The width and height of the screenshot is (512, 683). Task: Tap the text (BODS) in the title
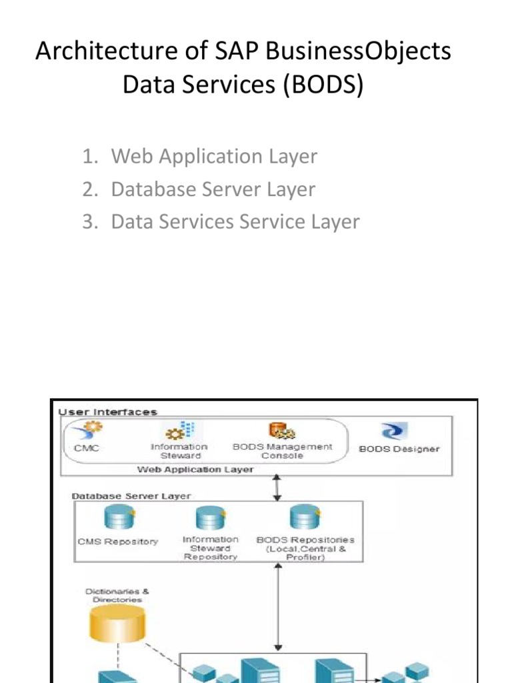[x=325, y=86]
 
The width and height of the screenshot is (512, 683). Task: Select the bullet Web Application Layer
[x=214, y=156]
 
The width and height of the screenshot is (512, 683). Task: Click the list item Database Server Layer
[x=213, y=189]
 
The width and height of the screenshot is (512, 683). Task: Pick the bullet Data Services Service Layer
[x=235, y=221]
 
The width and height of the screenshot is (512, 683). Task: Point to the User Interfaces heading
[x=108, y=412]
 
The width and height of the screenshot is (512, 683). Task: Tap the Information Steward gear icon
[x=179, y=430]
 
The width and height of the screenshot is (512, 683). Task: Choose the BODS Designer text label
[x=399, y=449]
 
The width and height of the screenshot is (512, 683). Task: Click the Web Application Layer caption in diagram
[x=195, y=470]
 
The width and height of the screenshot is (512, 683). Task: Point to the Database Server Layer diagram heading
[x=131, y=496]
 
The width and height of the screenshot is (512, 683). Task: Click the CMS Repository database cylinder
[x=117, y=518]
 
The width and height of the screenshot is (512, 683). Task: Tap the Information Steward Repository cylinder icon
[x=209, y=518]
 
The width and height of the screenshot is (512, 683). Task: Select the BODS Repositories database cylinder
[x=304, y=518]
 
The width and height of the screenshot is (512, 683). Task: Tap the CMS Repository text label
[x=118, y=542]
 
